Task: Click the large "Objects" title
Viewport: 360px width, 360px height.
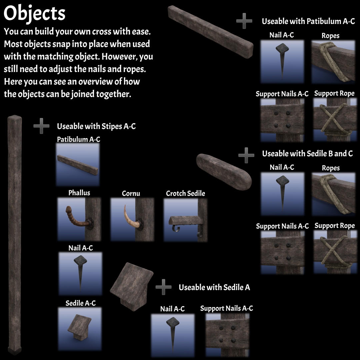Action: tap(34, 13)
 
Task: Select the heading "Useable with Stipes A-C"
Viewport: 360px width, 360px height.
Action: tap(96, 126)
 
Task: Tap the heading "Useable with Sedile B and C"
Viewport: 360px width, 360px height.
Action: tap(307, 153)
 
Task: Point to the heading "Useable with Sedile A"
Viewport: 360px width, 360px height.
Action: tap(214, 287)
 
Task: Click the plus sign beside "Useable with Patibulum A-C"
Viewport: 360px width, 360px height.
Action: tap(244, 21)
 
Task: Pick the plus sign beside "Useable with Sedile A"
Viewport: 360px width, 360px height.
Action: tap(163, 287)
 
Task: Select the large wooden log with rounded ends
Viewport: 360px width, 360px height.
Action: tap(224, 172)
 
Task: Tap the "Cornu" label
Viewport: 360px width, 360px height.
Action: tap(131, 193)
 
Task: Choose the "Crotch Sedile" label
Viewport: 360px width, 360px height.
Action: tap(186, 193)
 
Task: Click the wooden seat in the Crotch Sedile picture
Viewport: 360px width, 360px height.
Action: tap(186, 221)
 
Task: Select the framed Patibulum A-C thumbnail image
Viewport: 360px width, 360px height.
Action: tap(78, 165)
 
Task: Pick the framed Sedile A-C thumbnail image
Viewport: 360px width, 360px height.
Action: tap(80, 329)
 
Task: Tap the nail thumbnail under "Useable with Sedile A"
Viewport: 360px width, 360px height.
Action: tap(173, 335)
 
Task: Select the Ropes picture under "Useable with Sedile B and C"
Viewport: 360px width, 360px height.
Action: tap(333, 194)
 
